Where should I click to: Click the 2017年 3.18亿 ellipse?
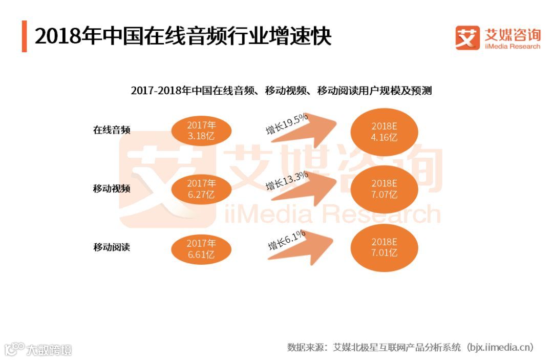pyautogui.click(x=201, y=131)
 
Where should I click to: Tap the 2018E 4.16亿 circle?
pyautogui.click(x=384, y=132)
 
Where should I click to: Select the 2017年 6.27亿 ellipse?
pyautogui.click(x=201, y=189)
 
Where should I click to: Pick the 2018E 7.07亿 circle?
pyautogui.click(x=384, y=189)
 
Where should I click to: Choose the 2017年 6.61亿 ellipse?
pyautogui.click(x=201, y=249)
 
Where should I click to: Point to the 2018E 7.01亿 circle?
pyautogui.click(x=384, y=247)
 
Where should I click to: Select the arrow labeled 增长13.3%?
pyautogui.click(x=307, y=192)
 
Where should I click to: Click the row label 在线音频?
pyautogui.click(x=112, y=130)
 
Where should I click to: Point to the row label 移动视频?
pyautogui.click(x=112, y=188)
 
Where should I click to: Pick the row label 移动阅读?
pyautogui.click(x=112, y=247)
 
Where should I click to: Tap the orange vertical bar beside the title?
pyautogui.click(x=24, y=36)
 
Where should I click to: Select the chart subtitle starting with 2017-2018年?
pyautogui.click(x=281, y=91)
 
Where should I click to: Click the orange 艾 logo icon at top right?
pyautogui.click(x=467, y=37)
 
